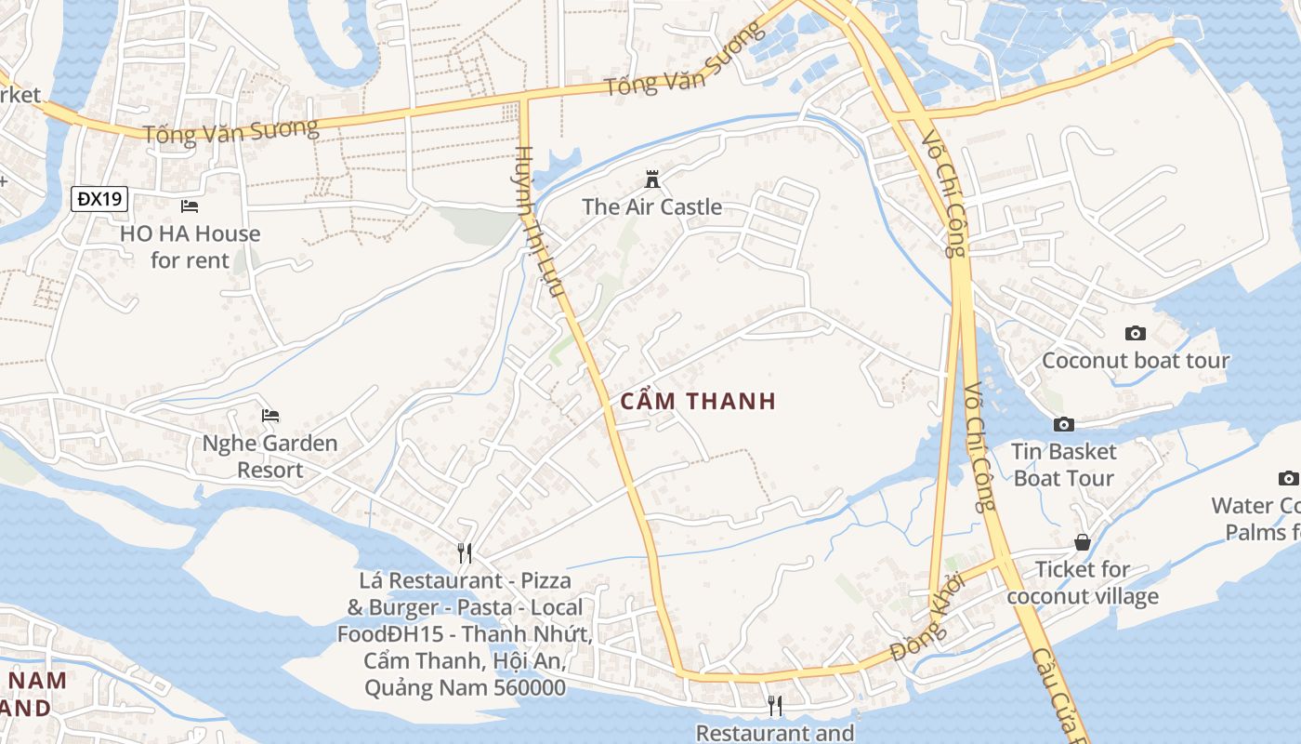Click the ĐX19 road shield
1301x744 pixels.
click(99, 198)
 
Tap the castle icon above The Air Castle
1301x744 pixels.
click(651, 178)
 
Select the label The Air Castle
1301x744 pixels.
click(651, 206)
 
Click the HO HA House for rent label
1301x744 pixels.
click(190, 246)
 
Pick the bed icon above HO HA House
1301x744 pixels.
click(190, 206)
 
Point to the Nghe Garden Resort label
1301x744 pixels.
click(269, 456)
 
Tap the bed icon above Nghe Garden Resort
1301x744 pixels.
click(270, 415)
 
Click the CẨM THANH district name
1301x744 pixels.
click(697, 401)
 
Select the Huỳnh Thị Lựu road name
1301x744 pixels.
click(541, 223)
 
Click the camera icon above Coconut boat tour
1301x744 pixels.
click(1135, 333)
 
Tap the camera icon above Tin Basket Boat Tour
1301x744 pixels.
click(1064, 424)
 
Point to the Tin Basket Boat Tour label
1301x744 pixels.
click(1064, 464)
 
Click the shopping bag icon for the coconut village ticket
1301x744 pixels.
click(1083, 541)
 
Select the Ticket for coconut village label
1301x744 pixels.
click(1083, 582)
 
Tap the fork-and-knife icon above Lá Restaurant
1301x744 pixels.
click(465, 553)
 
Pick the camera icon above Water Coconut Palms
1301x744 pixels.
click(1288, 478)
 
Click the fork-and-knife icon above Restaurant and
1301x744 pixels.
click(775, 706)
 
